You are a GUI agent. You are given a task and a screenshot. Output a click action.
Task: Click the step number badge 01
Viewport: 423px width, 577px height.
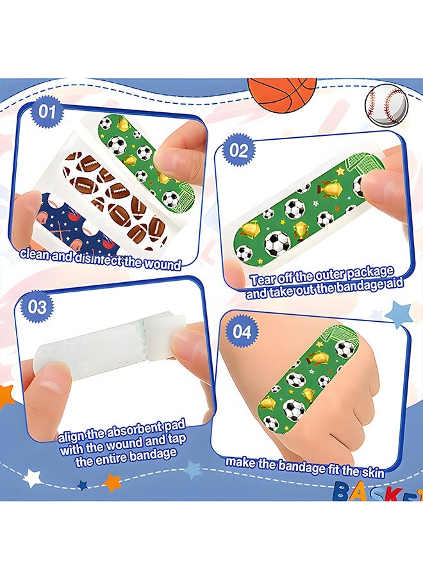[47, 111]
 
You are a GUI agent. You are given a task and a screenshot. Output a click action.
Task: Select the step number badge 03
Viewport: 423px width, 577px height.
[38, 307]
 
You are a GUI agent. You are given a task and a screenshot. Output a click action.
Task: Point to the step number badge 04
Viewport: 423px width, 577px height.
[242, 331]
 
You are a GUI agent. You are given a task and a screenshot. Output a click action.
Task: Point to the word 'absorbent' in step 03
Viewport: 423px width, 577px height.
[133, 431]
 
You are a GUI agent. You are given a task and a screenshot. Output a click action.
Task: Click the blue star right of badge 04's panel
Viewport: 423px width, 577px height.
[397, 314]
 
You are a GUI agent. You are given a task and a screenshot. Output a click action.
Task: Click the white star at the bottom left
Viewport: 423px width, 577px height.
[33, 478]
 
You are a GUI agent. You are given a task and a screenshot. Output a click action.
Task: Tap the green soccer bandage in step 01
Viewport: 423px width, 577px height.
[145, 162]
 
